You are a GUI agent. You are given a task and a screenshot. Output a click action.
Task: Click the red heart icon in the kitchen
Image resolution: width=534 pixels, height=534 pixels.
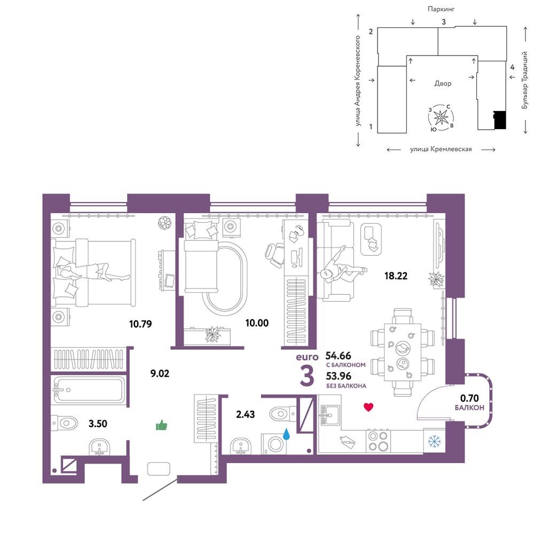[x=368, y=406]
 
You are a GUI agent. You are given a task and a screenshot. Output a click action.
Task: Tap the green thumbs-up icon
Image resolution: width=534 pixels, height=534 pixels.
[x=161, y=426]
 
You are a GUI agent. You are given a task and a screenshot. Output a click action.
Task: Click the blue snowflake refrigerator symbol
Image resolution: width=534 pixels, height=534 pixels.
[x=434, y=442]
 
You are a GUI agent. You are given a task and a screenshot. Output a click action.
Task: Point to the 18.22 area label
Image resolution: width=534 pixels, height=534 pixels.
[x=396, y=276]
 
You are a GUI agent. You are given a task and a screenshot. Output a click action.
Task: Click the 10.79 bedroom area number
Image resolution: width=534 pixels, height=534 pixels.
[x=140, y=324]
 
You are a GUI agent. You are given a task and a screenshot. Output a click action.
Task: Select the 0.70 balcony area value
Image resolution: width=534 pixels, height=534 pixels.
[x=469, y=398]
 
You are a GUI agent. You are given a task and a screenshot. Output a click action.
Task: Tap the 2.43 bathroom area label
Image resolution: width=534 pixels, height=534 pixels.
[x=245, y=414]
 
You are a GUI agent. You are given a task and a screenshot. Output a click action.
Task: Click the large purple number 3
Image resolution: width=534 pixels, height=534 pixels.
[x=307, y=376]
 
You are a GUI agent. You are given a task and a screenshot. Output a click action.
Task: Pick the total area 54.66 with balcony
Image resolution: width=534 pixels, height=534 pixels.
[x=338, y=356]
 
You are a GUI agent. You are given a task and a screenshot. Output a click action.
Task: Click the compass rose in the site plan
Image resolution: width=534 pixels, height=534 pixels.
[x=441, y=117]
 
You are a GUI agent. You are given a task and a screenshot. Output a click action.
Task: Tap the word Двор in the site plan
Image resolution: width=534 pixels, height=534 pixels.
[x=443, y=83]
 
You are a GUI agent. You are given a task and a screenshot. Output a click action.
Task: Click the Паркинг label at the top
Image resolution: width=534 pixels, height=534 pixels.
[x=441, y=9]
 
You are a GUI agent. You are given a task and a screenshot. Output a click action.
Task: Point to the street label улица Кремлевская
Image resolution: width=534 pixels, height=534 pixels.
[x=441, y=149]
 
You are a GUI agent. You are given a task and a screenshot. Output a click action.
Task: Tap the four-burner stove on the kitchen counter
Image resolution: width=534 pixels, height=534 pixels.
[x=379, y=442]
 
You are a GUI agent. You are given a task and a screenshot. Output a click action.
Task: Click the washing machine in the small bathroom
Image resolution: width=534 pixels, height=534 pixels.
[x=274, y=444]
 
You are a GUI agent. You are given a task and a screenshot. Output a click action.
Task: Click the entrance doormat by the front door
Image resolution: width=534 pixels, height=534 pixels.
[x=159, y=469]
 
